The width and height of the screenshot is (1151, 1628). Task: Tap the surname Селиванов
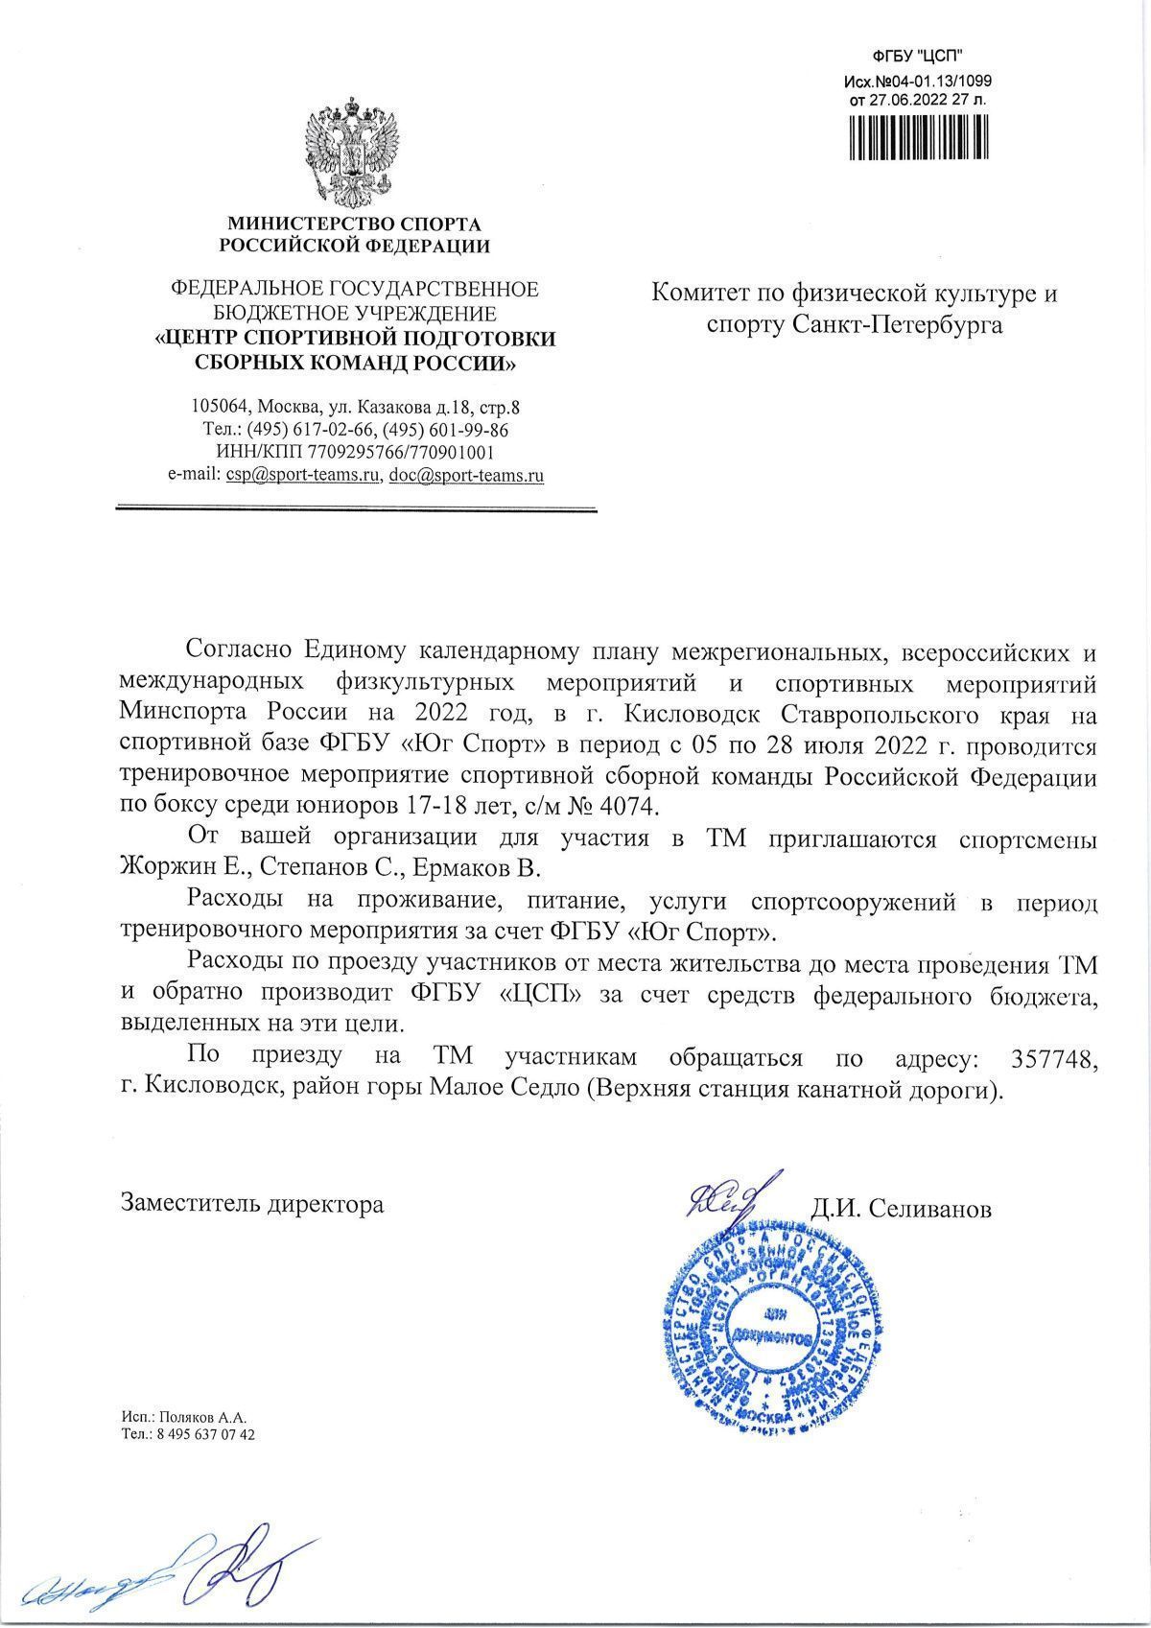(x=930, y=1209)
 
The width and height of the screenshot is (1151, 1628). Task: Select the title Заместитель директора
(x=251, y=1203)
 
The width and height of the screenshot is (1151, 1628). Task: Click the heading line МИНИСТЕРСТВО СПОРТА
(x=354, y=224)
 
